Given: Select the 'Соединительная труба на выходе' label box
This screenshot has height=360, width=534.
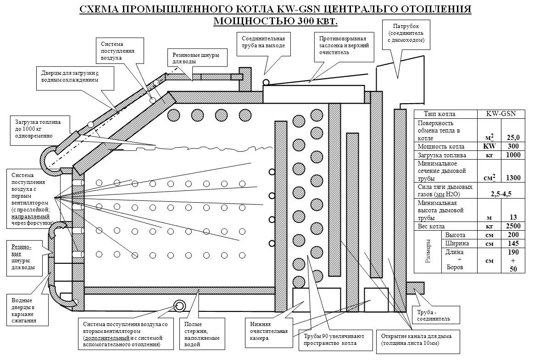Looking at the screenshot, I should pos(263,42).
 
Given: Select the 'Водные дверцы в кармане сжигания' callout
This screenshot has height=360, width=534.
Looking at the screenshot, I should pos(27,311).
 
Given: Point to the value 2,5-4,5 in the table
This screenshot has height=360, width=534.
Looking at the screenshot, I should pos(501,194).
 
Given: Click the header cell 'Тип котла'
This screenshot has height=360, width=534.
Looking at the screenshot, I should pos(439,114).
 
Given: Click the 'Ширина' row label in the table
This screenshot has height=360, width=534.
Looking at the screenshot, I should pos(455,243).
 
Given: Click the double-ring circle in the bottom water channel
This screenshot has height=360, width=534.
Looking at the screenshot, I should pos(179,306).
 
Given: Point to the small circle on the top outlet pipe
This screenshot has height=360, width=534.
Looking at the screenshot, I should pos(266,82).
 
